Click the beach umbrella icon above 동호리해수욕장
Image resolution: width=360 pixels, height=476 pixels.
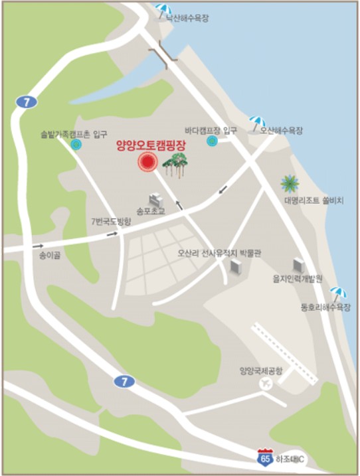point(338,292)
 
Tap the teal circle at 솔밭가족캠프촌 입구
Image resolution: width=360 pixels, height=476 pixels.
point(76,144)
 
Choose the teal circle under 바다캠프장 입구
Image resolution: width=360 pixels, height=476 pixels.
point(212,141)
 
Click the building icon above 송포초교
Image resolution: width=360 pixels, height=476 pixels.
point(155,199)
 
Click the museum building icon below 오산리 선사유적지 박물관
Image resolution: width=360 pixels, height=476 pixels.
point(235,266)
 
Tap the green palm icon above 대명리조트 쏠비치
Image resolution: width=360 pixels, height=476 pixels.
point(290,183)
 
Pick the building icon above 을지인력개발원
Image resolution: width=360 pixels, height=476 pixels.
point(298,265)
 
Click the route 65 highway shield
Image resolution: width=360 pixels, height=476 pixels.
point(266,457)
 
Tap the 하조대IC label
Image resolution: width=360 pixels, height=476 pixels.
point(290,458)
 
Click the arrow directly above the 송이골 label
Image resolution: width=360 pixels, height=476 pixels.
point(37,246)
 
